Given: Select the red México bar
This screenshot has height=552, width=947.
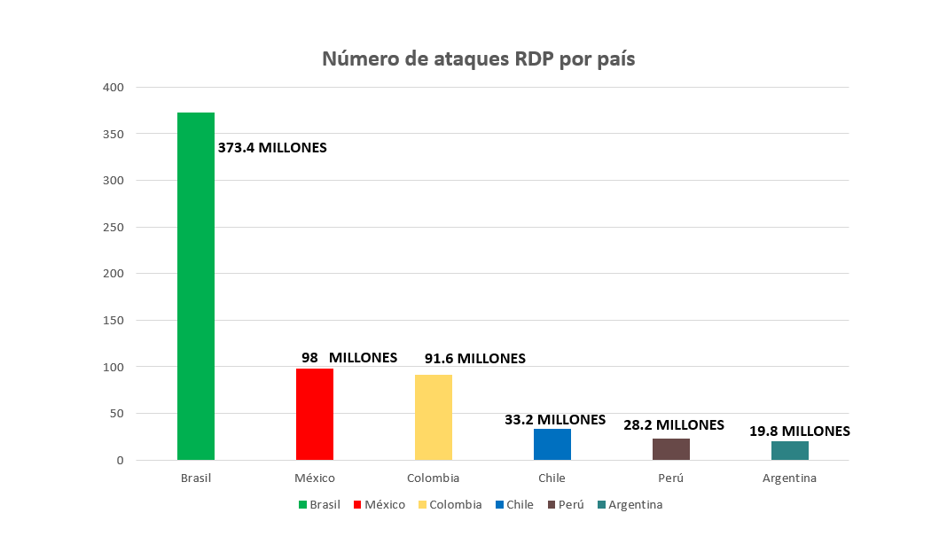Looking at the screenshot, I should (x=315, y=414).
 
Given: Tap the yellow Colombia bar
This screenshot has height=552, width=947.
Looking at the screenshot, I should (x=434, y=417).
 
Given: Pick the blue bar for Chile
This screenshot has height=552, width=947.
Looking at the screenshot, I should (x=552, y=444).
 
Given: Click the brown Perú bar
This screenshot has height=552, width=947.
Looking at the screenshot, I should (x=671, y=449).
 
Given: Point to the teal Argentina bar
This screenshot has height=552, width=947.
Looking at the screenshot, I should (x=790, y=450).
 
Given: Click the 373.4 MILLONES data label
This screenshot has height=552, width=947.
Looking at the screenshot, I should (x=272, y=148).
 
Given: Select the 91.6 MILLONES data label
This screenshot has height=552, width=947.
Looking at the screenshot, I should (x=471, y=359).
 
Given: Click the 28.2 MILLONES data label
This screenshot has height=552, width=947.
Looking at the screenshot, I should (x=674, y=425).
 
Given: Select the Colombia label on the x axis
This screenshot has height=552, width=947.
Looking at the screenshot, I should (x=434, y=478).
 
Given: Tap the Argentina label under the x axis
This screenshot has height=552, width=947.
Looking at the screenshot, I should (x=790, y=478).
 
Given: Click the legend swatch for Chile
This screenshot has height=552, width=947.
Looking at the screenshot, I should (x=501, y=505).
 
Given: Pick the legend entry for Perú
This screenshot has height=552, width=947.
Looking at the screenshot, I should (x=566, y=505).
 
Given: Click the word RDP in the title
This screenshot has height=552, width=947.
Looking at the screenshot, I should (x=530, y=59).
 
